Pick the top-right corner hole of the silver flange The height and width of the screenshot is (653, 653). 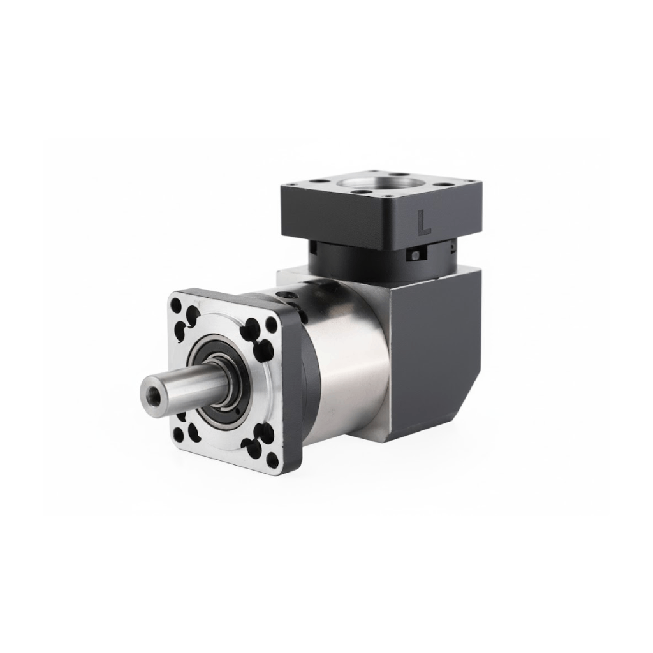point(272,323)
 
